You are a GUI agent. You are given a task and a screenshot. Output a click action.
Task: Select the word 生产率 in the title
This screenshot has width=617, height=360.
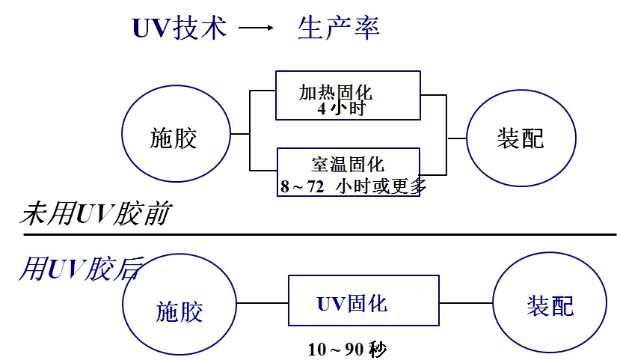point(338,28)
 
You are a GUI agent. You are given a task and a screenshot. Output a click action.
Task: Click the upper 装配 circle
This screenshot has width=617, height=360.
point(521,138)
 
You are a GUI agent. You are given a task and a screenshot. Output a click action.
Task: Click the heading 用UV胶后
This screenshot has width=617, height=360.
point(79,268)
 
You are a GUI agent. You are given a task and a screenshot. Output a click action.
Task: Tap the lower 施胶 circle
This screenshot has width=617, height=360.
point(179,310)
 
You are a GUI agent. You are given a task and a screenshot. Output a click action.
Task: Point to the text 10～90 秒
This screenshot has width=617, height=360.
point(346,349)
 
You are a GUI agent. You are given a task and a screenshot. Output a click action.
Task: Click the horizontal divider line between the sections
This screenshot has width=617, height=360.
point(320,234)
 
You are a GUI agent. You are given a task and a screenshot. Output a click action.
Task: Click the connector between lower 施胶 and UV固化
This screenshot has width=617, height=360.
point(262,303)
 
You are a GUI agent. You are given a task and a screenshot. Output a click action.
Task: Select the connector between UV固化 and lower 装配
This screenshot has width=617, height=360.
point(466,303)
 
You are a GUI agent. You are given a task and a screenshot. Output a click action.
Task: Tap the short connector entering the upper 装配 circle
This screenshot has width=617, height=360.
point(457,138)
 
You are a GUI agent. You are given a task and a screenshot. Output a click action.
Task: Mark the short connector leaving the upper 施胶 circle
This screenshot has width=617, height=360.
point(239,134)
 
